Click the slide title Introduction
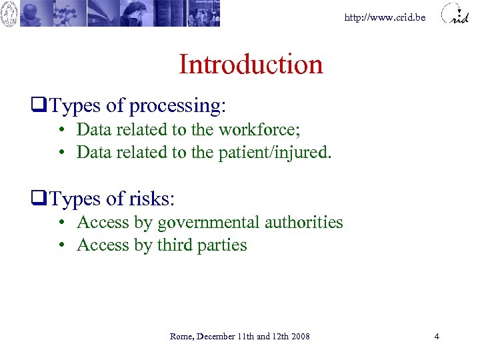click(251, 65)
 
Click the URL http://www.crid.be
click(385, 17)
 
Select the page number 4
click(437, 336)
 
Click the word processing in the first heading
click(177, 106)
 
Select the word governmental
click(208, 223)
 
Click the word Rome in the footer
click(181, 336)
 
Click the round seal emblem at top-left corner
click(9, 13)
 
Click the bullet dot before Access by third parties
click(61, 245)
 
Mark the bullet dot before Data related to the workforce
click(61, 129)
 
